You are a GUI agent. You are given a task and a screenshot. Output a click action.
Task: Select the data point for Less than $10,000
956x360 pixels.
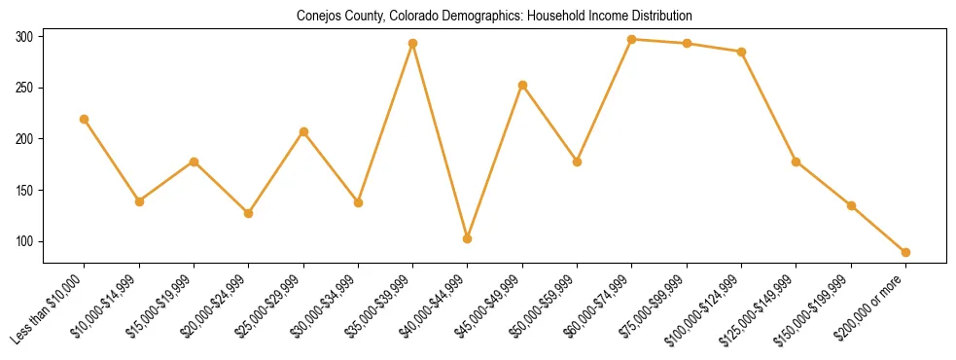[85, 119]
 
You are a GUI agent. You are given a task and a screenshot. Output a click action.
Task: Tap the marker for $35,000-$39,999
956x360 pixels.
[413, 43]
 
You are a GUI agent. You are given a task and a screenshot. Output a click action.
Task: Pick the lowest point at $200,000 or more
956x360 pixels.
[905, 252]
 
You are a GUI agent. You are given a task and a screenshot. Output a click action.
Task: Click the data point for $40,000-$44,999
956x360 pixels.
[468, 238]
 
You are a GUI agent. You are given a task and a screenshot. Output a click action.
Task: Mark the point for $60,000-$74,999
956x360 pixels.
[632, 39]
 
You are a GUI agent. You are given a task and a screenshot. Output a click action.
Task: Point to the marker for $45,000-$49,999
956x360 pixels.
[522, 85]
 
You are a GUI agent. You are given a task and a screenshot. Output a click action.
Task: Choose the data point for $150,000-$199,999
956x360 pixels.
[851, 205]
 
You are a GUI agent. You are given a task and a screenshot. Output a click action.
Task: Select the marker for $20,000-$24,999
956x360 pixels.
[249, 213]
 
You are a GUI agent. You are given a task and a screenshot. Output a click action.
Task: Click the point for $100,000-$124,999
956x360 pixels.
[741, 52]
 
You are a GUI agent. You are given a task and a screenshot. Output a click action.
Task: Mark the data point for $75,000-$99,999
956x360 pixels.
[687, 43]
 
